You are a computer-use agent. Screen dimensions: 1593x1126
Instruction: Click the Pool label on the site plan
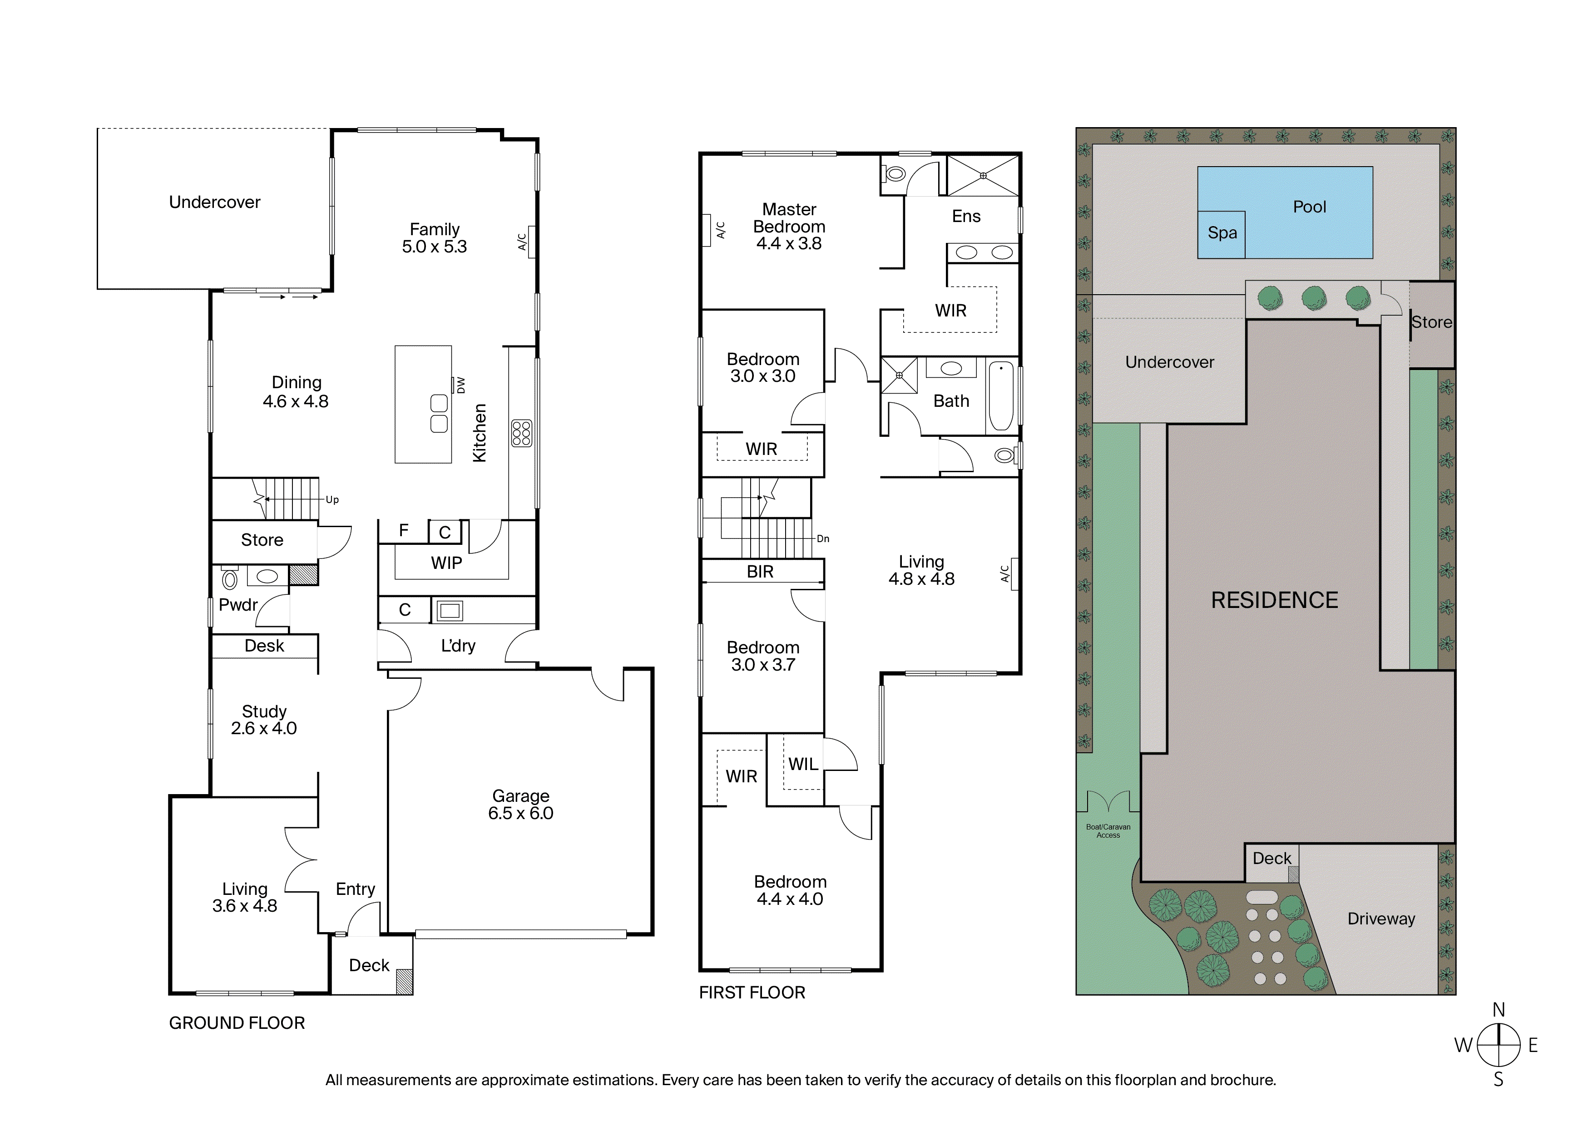1309,207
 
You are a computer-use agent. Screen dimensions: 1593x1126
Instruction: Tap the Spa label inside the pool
1222,233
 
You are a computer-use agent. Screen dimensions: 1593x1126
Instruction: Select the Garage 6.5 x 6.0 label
520,805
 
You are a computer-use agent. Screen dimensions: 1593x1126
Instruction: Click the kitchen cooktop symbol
521,433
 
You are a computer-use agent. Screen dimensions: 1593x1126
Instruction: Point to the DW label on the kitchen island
461,385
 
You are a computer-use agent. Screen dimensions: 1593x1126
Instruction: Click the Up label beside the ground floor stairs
332,499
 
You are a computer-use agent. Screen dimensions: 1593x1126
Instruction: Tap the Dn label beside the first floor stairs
823,538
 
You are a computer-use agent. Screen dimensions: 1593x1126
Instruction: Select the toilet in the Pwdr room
230,578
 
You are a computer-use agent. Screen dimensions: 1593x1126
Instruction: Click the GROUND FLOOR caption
237,1022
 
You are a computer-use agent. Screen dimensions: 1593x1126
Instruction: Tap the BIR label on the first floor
760,572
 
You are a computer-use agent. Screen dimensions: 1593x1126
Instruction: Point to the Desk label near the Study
264,646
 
